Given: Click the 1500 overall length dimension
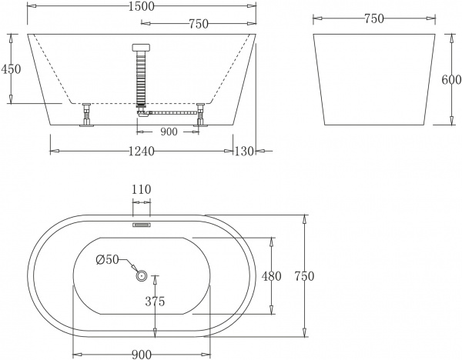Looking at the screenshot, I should coord(142,7).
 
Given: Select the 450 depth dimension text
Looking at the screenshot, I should coord(11,68).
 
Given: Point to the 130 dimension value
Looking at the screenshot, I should coord(244,151).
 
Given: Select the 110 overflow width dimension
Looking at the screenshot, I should coord(141,188).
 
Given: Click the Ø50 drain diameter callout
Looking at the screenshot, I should coord(108,260).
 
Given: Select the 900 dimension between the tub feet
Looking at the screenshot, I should coord(169,132).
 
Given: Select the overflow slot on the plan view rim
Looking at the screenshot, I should coord(141,225).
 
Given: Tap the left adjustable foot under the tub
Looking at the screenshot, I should coord(86,115).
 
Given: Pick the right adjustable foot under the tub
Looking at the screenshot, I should coord(202,115).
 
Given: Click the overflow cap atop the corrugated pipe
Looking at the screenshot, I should coord(141,46).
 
